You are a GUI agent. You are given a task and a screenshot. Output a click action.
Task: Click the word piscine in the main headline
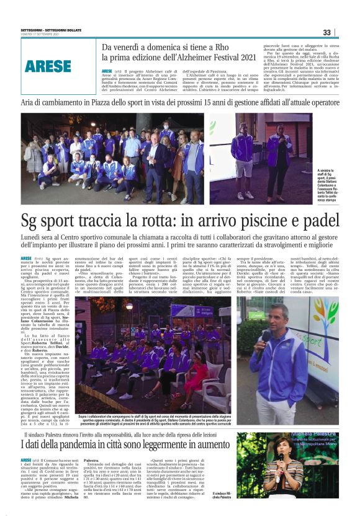[x=252, y=219]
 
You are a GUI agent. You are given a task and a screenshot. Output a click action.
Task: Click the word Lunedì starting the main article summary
[x=31, y=238]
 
